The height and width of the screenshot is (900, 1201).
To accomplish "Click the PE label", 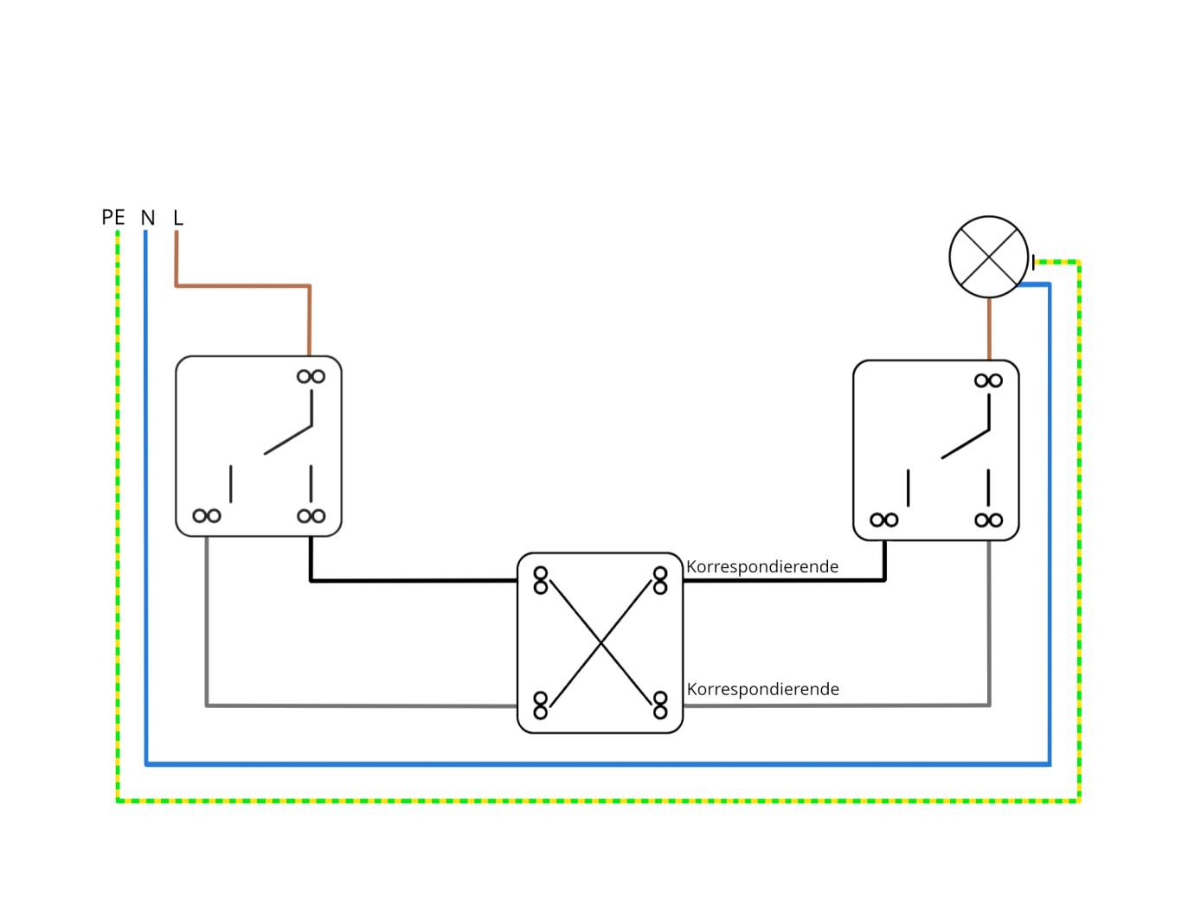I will point(113,217).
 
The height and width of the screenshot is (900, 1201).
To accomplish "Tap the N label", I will point(148,218).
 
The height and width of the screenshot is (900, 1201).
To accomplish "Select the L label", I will point(178,217).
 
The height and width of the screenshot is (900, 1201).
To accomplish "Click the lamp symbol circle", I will point(989,257).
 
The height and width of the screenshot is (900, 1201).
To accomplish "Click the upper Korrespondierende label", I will point(762,566).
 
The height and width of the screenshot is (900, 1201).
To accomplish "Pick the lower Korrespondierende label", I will point(762,689).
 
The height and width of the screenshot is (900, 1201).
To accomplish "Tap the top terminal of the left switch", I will point(311,376).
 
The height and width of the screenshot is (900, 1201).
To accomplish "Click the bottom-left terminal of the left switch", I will point(207,516).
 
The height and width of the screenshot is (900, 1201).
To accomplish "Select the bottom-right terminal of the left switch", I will point(311,516).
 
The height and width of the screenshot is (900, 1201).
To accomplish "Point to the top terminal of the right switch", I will point(988,380).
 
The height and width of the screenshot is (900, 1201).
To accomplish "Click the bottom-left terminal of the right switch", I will point(883,520).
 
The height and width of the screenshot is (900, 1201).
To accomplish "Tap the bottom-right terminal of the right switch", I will point(988,520).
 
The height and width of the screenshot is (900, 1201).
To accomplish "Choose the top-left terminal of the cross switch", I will point(541,580).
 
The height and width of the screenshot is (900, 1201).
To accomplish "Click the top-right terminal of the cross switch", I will point(660,580).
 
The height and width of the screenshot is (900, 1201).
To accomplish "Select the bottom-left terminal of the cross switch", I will point(541,705).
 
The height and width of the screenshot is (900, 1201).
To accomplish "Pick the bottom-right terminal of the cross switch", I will point(660,705).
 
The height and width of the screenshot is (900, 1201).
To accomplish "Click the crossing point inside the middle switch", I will point(600,642).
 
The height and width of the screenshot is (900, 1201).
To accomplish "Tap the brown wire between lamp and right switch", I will point(989,329).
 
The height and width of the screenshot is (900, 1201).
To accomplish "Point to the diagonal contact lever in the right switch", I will point(966,444).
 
